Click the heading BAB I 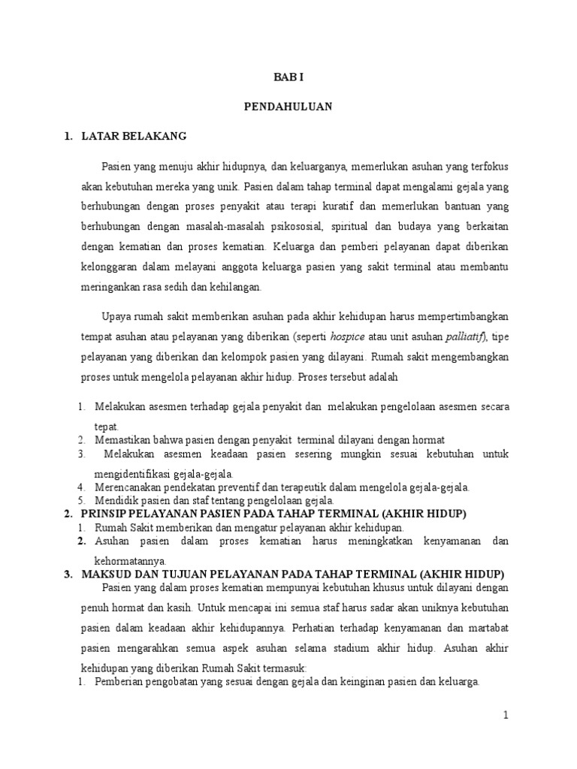click(288, 77)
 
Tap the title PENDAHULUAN click(288, 107)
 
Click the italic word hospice click(348, 335)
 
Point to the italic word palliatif click(466, 335)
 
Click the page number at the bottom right click(506, 716)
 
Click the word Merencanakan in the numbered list click(128, 487)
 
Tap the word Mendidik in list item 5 click(116, 500)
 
